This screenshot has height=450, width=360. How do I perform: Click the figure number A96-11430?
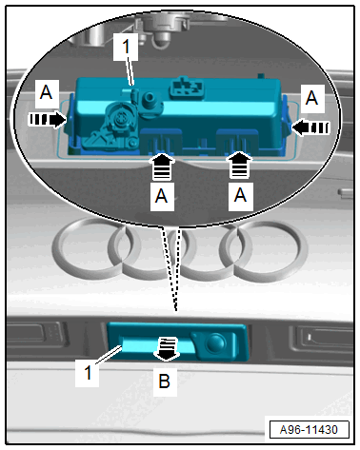click(309, 430)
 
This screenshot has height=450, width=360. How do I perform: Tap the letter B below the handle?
click(165, 382)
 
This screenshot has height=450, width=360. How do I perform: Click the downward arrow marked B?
click(167, 349)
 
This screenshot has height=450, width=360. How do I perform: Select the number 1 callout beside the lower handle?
click(88, 372)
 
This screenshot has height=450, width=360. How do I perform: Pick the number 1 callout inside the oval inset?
click(126, 47)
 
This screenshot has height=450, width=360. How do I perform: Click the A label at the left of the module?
click(47, 92)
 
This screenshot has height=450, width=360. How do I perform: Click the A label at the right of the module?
click(311, 98)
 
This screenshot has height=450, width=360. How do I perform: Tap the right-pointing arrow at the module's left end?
click(48, 120)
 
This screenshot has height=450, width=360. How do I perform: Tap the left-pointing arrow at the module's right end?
click(310, 127)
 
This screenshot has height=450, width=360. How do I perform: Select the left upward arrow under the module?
click(162, 166)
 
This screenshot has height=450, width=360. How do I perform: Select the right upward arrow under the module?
click(239, 165)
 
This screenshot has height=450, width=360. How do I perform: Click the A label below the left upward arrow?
click(161, 196)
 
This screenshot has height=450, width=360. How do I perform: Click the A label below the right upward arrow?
click(240, 195)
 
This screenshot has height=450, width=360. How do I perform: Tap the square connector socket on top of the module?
click(187, 86)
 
